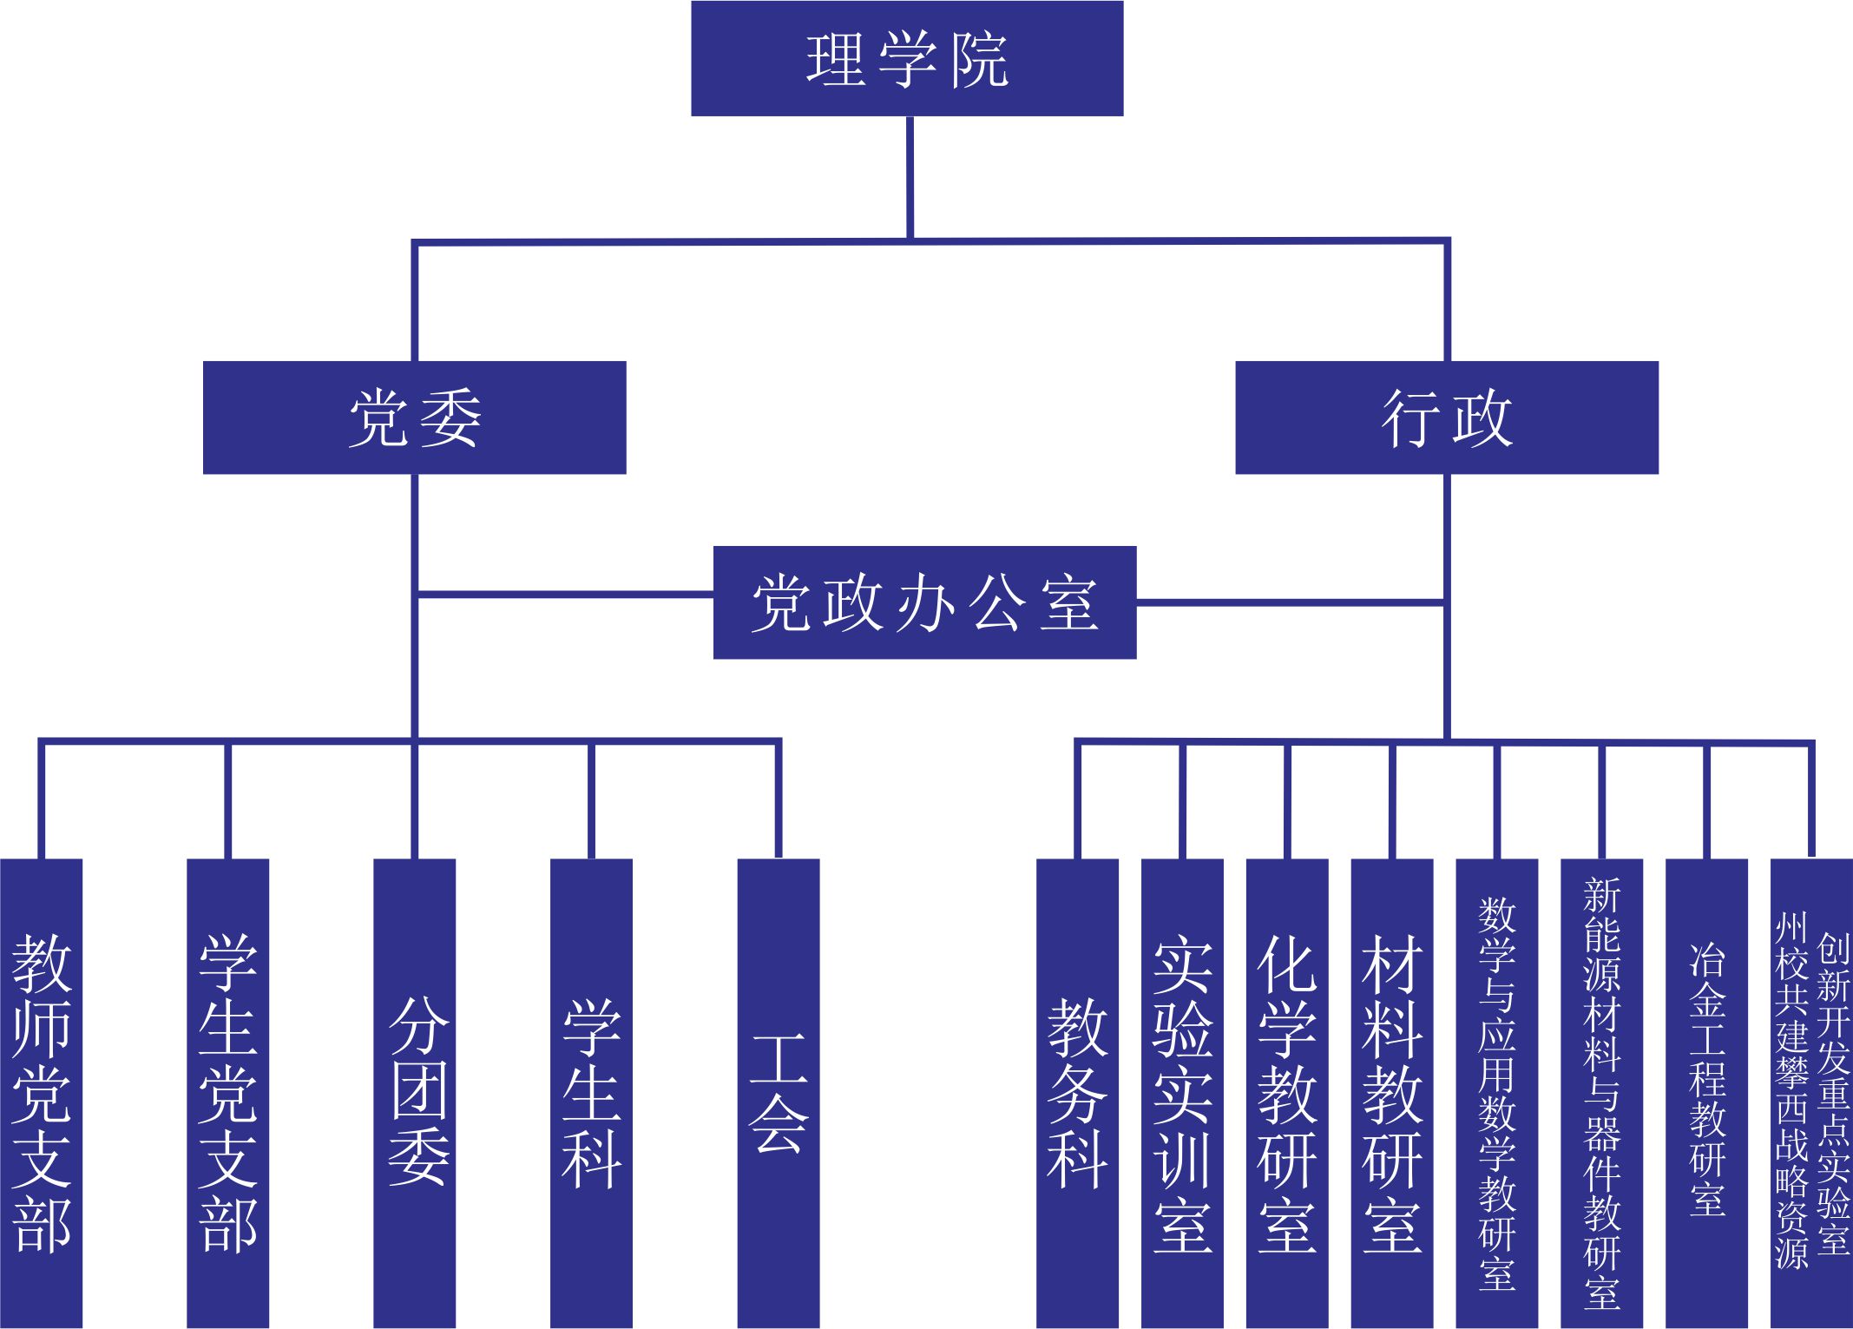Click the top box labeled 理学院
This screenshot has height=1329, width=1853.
click(907, 59)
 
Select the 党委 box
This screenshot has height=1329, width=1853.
click(414, 418)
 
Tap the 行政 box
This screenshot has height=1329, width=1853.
click(1446, 418)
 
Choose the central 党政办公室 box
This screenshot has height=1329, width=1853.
click(924, 602)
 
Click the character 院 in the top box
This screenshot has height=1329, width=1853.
click(980, 61)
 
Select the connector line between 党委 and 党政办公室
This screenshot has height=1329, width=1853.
click(564, 595)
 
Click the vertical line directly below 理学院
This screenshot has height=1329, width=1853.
click(910, 178)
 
